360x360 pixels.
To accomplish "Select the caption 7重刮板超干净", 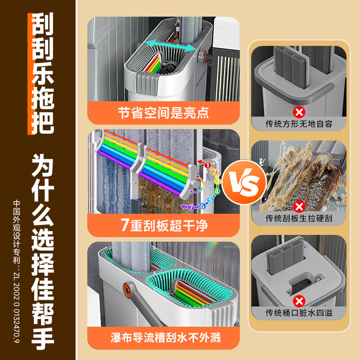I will pyautogui.click(x=164, y=225).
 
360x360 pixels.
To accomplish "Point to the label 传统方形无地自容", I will pyautogui.click(x=299, y=124).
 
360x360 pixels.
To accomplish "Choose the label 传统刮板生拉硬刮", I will pyautogui.click(x=299, y=218).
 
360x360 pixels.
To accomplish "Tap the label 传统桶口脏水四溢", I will pyautogui.click(x=299, y=313).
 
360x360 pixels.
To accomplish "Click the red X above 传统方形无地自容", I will pyautogui.click(x=298, y=111).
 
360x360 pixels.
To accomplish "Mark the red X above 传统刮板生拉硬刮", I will pyautogui.click(x=298, y=206).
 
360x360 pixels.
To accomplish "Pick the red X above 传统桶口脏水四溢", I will pyautogui.click(x=298, y=301).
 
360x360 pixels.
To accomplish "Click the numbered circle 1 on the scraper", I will pyautogui.click(x=207, y=165).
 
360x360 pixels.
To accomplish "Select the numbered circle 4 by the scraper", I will pyautogui.click(x=216, y=191).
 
